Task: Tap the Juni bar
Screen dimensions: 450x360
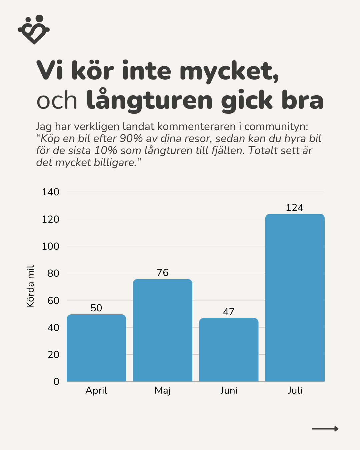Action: click(229, 350)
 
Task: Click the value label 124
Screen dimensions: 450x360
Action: click(295, 208)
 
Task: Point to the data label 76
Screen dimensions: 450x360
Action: click(163, 273)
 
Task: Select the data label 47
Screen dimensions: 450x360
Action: click(229, 312)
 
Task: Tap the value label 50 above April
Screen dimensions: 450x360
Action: click(96, 308)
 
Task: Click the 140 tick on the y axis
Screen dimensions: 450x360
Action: click(50, 192)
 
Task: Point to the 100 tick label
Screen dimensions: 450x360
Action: click(50, 246)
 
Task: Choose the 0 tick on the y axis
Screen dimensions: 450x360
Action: click(56, 382)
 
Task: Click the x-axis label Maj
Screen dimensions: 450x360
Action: click(163, 391)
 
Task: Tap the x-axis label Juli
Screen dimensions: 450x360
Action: click(295, 390)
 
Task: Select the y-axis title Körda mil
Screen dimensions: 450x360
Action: click(30, 287)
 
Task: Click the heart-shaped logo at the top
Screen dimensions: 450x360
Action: click(34, 29)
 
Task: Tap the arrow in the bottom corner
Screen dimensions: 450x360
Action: click(325, 429)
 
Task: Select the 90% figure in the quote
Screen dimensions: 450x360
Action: click(131, 138)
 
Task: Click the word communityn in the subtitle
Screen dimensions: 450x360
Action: click(276, 127)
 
